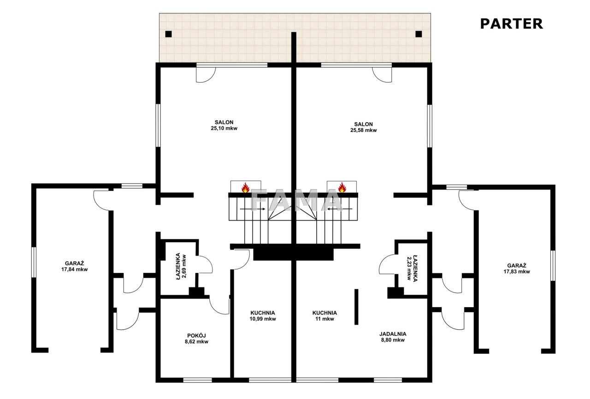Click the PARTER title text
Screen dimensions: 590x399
point(511,24)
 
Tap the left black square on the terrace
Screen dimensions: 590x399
point(169,34)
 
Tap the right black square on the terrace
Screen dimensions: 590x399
point(419,34)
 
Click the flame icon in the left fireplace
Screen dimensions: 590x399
point(246,188)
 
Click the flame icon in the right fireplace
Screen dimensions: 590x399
point(342,187)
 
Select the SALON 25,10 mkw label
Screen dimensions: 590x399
point(224,125)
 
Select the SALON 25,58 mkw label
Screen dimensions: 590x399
point(364,127)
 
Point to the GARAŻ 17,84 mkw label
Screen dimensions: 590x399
point(75,267)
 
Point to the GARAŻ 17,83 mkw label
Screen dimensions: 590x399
point(517,268)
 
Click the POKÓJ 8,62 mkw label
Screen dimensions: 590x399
point(196,339)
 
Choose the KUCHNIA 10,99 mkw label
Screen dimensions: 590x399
point(263,316)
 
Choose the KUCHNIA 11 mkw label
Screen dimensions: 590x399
point(324,316)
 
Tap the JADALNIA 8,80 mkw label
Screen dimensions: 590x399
point(393,337)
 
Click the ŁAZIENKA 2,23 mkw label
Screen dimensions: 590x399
point(412,268)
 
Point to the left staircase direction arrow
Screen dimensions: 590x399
point(253,209)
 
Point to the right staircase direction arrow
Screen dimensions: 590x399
point(340,209)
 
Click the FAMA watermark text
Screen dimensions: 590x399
point(296,201)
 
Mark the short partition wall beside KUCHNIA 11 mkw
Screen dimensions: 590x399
point(356,307)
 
